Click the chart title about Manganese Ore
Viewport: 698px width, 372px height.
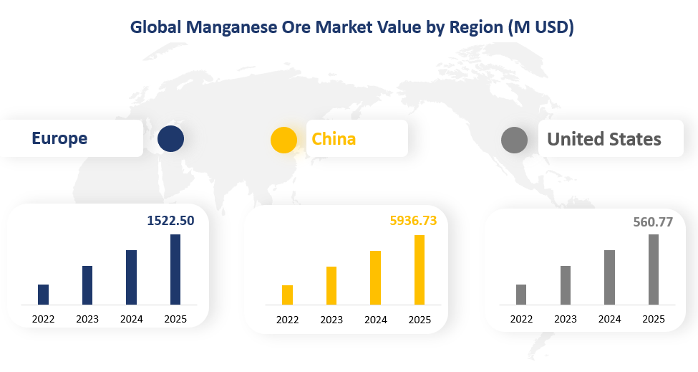coord(352,27)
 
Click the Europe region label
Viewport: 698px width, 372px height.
coord(59,138)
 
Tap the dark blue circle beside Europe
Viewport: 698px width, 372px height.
coord(170,138)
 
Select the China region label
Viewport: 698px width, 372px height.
coord(334,138)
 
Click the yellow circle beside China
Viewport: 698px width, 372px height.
coord(283,139)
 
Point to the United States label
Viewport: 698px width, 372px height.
coord(604,139)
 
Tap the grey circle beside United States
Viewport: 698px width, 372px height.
coord(514,140)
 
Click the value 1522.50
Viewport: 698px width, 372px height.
coord(170,221)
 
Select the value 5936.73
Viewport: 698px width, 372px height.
coord(412,221)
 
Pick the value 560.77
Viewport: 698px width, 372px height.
coord(653,221)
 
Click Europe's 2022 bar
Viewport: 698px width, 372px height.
coord(43,295)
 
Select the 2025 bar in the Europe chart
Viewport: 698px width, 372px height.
coord(175,270)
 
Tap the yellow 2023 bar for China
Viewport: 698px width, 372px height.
coord(331,286)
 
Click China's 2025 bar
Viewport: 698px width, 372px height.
coord(420,270)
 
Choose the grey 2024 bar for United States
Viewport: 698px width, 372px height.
coord(609,277)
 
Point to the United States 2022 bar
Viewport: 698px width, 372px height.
coord(521,295)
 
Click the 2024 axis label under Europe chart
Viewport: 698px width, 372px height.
coord(131,319)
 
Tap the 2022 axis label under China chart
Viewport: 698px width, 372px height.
coord(287,320)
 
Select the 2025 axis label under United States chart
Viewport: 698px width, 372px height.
coord(653,319)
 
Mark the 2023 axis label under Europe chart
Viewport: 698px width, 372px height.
coord(87,319)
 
